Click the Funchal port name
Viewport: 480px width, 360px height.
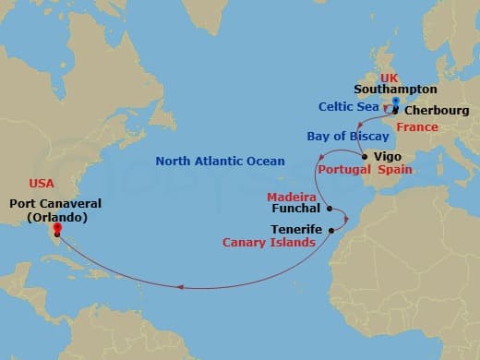pos(295,210)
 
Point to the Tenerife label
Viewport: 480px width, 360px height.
pos(297,228)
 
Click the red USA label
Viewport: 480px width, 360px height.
pos(42,184)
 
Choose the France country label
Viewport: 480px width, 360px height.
pos(417,126)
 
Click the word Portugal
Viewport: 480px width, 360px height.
pos(343,171)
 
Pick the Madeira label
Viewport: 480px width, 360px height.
pos(292,197)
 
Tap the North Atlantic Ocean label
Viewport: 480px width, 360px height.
pos(220,161)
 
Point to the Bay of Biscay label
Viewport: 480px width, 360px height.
pos(342,138)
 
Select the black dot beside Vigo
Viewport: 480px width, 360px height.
pos(366,158)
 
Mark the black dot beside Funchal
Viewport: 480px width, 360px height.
pos(330,209)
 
